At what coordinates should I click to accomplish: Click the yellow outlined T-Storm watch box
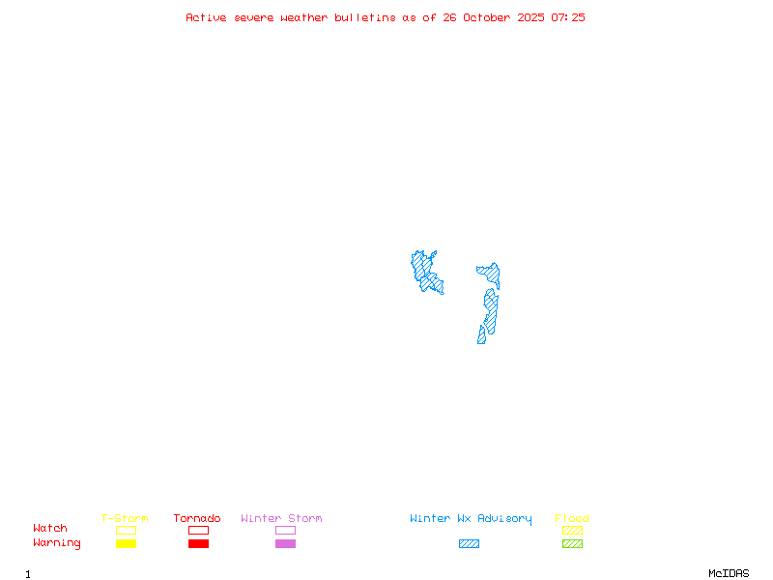126,530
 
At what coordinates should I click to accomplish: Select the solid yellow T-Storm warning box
126,543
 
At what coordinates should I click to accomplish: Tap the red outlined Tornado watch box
198,530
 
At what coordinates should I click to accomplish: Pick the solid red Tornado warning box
198,543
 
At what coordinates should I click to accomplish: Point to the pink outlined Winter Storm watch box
285,530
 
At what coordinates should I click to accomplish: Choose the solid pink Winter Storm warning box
285,543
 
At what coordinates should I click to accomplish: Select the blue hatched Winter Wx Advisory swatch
469,543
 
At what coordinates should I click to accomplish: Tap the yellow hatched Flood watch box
572,530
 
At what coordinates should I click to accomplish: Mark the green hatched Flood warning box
572,543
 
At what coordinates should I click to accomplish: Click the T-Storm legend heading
125,518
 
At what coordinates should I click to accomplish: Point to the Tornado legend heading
197,518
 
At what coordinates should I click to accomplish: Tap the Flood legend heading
572,518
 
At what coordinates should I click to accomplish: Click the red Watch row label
50,529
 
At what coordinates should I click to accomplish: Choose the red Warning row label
57,543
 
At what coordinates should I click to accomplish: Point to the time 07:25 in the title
568,17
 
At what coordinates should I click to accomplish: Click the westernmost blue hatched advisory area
425,272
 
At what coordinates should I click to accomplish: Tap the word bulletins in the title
365,17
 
